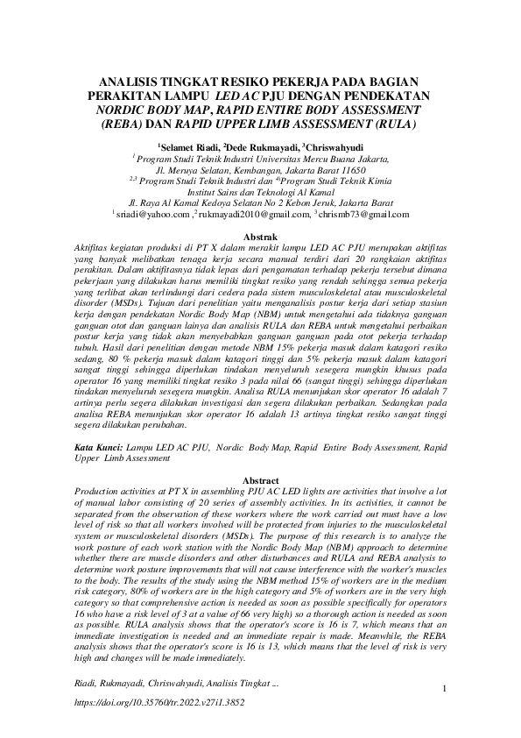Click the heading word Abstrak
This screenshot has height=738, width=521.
(259, 237)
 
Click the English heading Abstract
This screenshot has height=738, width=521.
(260, 481)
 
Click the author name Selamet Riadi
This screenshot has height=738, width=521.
(191, 146)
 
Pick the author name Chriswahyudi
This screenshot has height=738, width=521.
(334, 146)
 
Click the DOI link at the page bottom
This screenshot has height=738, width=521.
(155, 703)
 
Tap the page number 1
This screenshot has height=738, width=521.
(445, 689)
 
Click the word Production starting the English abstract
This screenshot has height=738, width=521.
(98, 493)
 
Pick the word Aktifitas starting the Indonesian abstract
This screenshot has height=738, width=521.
(93, 248)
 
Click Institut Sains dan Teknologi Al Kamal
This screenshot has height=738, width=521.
(260, 190)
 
